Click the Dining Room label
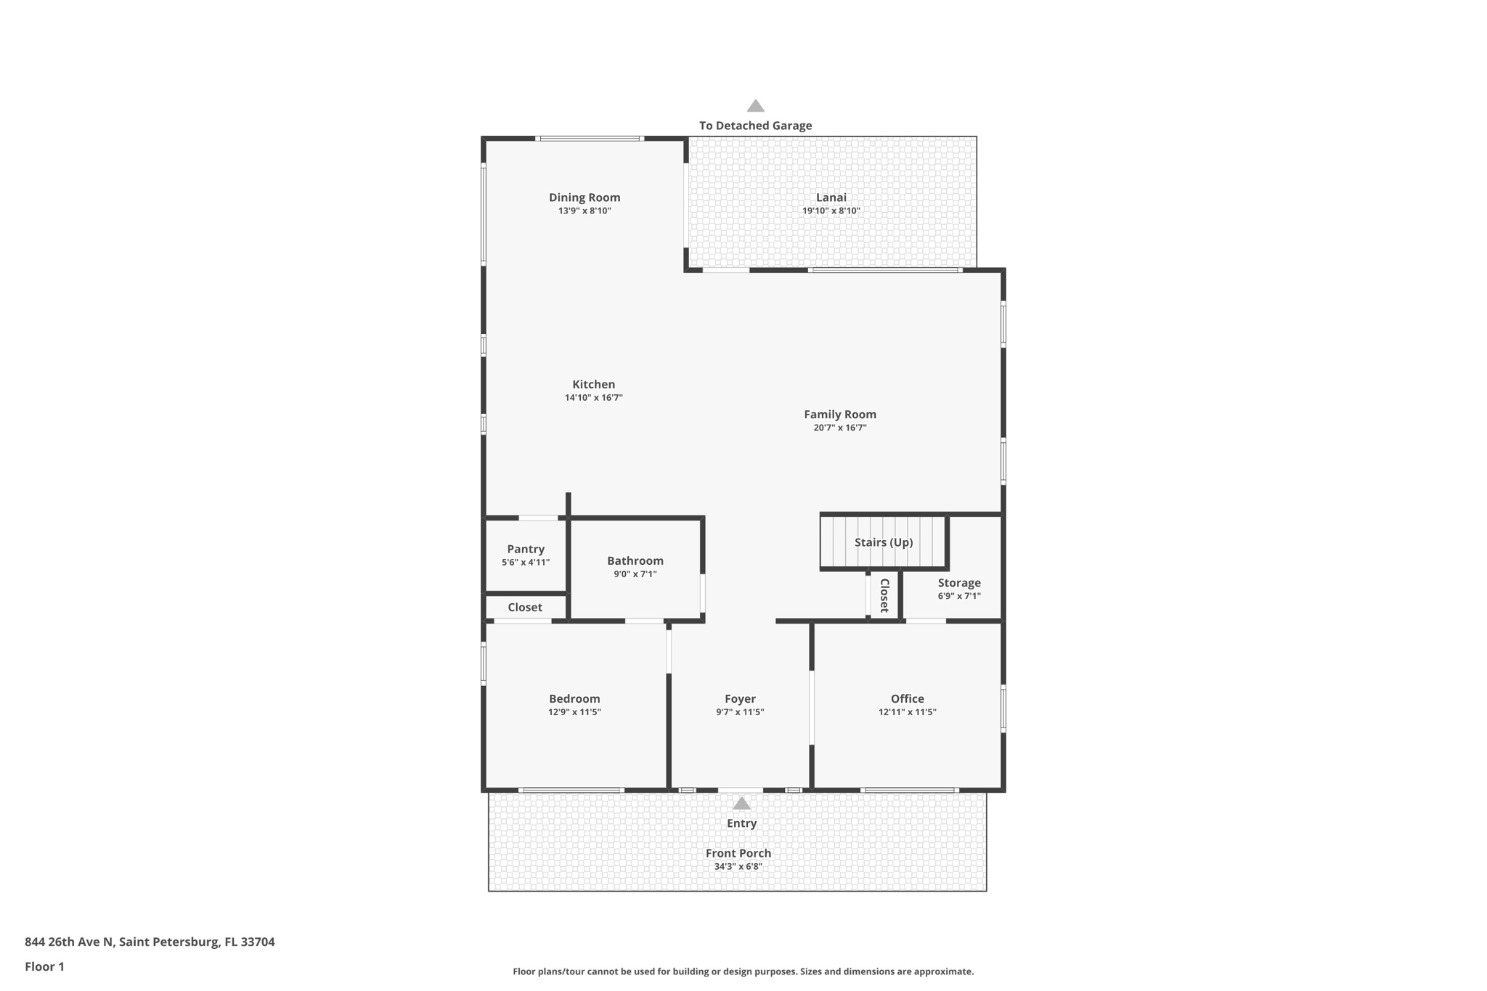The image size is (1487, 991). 584,197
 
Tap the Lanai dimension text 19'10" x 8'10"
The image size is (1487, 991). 831,211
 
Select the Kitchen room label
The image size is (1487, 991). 593,385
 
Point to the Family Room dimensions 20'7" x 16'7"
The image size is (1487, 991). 839,428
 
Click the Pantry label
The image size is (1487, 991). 526,550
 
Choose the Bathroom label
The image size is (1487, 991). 635,560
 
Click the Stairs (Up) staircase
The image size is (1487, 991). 884,542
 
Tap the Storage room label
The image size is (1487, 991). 958,583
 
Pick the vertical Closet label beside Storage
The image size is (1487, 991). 885,595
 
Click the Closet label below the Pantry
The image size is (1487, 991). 525,607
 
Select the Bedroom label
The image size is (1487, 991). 574,699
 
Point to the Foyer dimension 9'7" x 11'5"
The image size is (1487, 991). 740,712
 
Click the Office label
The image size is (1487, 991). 907,699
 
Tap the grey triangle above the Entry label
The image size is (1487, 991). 741,804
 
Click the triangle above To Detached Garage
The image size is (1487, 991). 756,106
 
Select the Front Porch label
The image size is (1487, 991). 738,854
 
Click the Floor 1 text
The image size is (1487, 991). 44,967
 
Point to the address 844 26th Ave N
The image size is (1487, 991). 70,942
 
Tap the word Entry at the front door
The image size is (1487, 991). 741,823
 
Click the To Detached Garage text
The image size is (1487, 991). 755,126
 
